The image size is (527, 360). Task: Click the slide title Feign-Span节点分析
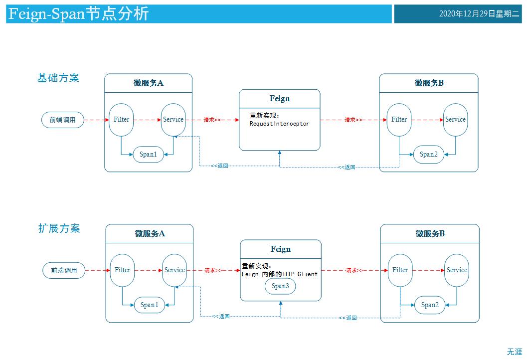click(x=79, y=14)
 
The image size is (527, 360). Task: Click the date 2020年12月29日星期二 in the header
click(x=479, y=14)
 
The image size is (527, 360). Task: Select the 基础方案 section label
click(x=58, y=78)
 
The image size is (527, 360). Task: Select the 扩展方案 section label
click(x=59, y=228)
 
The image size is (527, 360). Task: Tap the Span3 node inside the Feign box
click(x=280, y=286)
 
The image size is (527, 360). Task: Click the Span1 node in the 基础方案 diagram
click(x=148, y=155)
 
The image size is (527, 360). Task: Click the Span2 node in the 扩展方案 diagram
click(x=429, y=305)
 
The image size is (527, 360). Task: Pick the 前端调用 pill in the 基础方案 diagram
click(x=62, y=120)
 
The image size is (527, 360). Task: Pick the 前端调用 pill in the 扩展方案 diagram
click(x=64, y=270)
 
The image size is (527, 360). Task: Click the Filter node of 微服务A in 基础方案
click(x=121, y=120)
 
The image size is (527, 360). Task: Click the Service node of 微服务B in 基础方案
click(x=455, y=120)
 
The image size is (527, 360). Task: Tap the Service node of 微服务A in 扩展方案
click(x=175, y=270)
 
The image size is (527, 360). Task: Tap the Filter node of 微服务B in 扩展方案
click(x=400, y=270)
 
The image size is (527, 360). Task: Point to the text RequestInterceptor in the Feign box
click(x=279, y=124)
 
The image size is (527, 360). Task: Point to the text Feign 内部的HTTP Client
click(x=280, y=274)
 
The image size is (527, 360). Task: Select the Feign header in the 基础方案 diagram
click(x=279, y=99)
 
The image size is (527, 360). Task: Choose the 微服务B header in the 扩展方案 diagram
click(x=430, y=233)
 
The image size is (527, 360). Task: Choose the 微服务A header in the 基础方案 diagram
click(x=148, y=83)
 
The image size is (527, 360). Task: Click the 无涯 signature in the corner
click(x=514, y=352)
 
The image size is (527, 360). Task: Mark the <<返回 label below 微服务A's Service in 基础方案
click(x=219, y=166)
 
